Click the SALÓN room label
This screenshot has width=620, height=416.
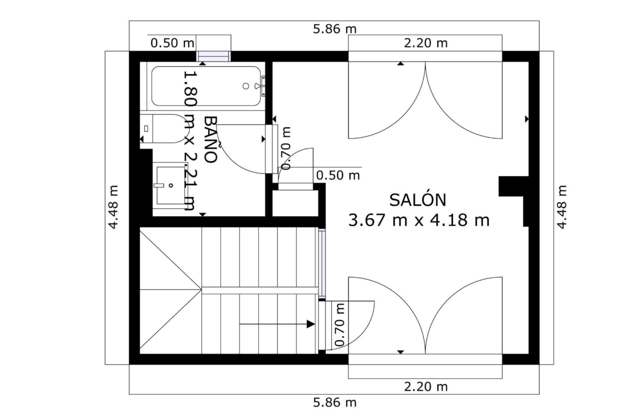coord(418,200)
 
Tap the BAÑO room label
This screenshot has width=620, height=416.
coord(211,139)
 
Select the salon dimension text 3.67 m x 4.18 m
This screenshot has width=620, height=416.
coord(419,220)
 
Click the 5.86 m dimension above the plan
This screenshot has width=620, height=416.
coord(334,29)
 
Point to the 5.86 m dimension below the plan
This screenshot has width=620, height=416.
coord(334,403)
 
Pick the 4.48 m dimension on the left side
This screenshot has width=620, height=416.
coord(113,207)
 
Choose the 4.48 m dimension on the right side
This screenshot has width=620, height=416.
coord(562,207)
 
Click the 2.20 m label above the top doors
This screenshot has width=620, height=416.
coord(426,43)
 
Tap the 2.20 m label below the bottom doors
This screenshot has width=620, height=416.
coord(426,386)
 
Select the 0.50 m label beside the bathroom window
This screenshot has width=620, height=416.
coord(172,43)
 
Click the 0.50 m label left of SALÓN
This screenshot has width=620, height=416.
coord(338,175)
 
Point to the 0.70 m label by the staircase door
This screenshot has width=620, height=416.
coord(340,325)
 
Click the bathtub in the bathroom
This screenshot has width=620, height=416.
coord(206,86)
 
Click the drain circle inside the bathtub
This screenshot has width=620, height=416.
coord(245,86)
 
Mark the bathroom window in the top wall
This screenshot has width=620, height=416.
coord(214,57)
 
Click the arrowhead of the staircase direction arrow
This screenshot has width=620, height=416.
coord(311,324)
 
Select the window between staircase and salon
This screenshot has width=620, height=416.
coord(322,262)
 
